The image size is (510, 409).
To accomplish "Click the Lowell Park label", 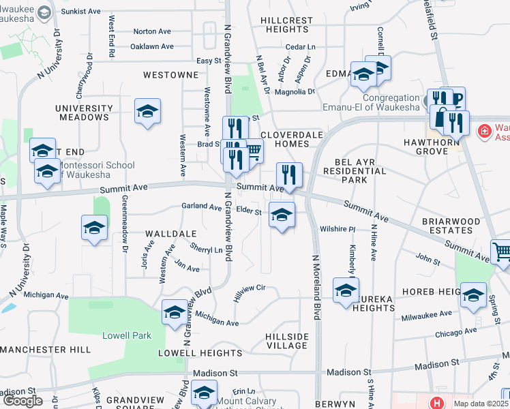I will tap(127, 335).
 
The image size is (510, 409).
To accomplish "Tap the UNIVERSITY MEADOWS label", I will tap(84, 112).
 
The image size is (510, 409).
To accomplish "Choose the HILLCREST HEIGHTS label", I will tap(286, 25).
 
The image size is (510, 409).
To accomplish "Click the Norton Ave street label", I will tap(152, 31).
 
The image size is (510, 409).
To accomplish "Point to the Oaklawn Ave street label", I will tap(152, 47).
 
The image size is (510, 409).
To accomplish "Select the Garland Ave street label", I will tap(201, 206).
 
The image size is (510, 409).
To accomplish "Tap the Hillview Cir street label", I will tap(249, 289).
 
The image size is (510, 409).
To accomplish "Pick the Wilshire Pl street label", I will tap(338, 230).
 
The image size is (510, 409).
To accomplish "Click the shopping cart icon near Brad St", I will tap(253, 151).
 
